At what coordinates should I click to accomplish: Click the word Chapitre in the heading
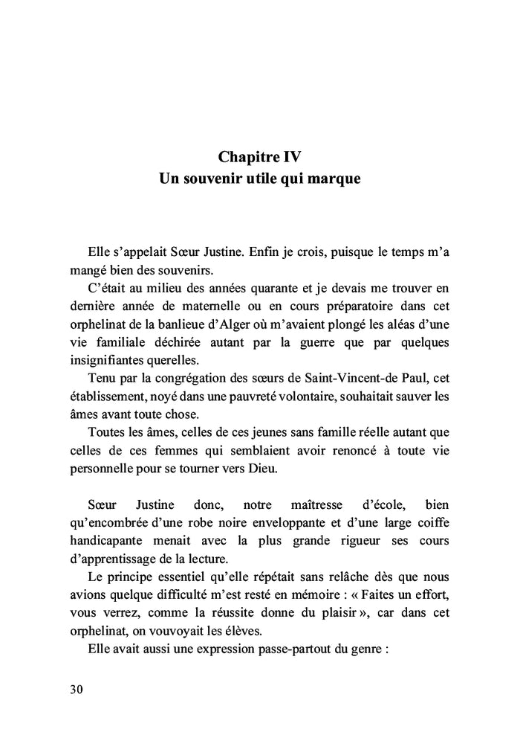[x=247, y=158]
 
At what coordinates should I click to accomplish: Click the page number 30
[x=76, y=688]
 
